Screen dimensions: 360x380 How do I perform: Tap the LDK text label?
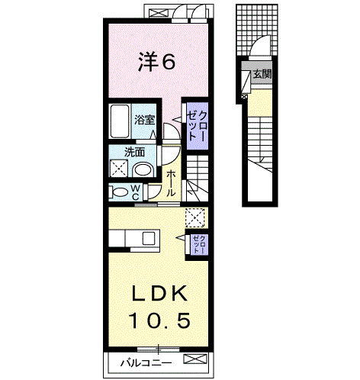pyautogui.click(x=159, y=293)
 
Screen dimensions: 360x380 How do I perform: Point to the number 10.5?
pyautogui.click(x=159, y=320)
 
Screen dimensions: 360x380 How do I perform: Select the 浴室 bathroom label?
pyautogui.click(x=145, y=120)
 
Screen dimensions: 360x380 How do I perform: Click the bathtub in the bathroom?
pyautogui.click(x=120, y=121)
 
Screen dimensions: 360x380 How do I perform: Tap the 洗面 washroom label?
pyautogui.click(x=134, y=152)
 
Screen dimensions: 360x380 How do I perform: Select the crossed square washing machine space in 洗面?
pyautogui.click(x=119, y=168)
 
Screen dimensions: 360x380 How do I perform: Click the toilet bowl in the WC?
pyautogui.click(x=119, y=192)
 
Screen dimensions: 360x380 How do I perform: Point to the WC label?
pyautogui.click(x=136, y=192)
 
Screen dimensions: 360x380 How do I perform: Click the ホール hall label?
pyautogui.click(x=171, y=183)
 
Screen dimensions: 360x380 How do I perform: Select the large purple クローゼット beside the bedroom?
pyautogui.click(x=198, y=126)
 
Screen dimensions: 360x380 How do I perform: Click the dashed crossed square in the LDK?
pyautogui.click(x=195, y=217)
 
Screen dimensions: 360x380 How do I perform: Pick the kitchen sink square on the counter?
pyautogui.click(x=149, y=238)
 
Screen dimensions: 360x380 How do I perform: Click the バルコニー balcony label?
pyautogui.click(x=146, y=363)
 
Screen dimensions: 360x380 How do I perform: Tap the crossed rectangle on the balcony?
pyautogui.click(x=195, y=359)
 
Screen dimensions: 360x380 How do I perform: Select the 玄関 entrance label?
pyautogui.click(x=262, y=74)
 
